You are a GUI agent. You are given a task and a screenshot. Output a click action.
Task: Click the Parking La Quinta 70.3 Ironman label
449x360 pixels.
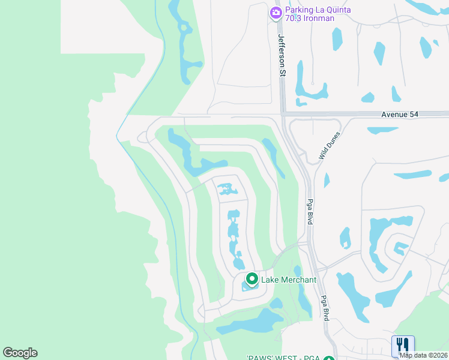click(310, 14)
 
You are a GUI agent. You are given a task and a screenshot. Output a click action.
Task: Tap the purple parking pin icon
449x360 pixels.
click(276, 12)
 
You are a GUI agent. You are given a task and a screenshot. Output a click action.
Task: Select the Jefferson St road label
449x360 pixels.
click(280, 54)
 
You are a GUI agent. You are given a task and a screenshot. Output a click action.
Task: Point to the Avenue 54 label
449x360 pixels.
click(399, 114)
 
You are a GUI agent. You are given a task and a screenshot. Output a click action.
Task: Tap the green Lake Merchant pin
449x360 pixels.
click(252, 279)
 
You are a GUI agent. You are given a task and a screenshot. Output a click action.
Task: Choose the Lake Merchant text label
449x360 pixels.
click(288, 279)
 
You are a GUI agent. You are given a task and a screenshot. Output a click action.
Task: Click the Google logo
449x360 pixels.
click(20, 353)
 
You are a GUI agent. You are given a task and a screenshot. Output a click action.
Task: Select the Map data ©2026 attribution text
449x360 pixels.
click(423, 355)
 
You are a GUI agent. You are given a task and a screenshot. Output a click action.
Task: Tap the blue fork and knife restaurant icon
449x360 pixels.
click(403, 346)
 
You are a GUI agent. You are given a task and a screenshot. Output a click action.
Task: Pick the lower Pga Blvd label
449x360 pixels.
click(324, 308)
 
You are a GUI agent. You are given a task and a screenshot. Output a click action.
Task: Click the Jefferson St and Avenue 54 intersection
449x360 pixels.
click(282, 113)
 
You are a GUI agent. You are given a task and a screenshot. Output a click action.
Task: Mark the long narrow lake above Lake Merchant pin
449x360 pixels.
click(235, 237)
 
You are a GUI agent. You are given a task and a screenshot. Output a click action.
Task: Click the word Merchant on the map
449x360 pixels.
click(297, 279)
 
